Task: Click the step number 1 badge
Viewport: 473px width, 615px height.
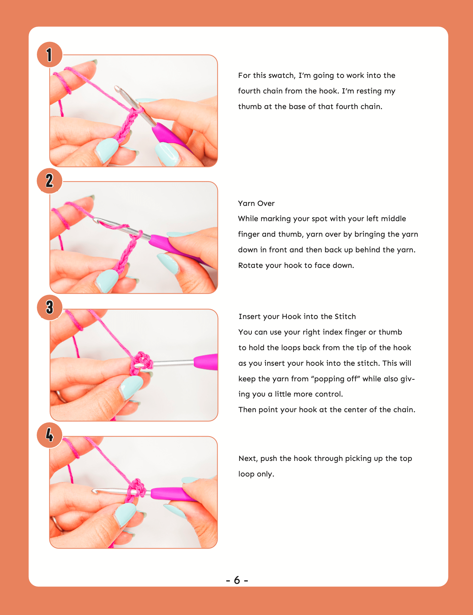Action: [x=49, y=55]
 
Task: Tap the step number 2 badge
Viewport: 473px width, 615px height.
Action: [x=49, y=181]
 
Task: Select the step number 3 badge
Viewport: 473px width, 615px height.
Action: [x=49, y=307]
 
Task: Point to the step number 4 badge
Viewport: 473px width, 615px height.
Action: [x=49, y=435]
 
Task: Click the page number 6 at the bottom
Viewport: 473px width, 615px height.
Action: [x=237, y=580]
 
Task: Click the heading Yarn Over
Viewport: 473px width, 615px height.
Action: [x=256, y=204]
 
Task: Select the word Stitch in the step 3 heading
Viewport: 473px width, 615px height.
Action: [x=345, y=317]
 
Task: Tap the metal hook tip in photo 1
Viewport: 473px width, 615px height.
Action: [x=118, y=89]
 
